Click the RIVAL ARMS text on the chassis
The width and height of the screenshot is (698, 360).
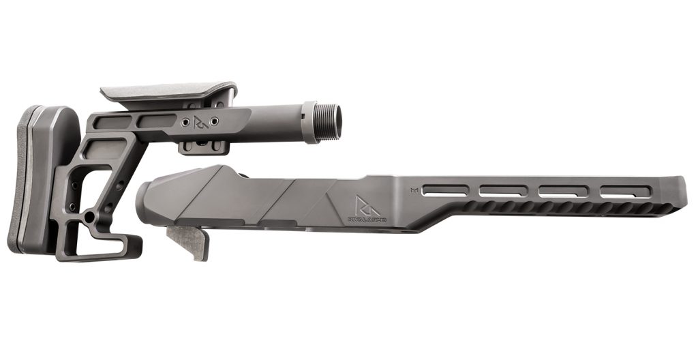coord(367,220)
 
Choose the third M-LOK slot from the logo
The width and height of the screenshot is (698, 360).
coord(562,192)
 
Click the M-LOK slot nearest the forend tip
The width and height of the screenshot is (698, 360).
coord(622,193)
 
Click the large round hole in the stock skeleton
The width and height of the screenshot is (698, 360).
coord(89,216)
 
